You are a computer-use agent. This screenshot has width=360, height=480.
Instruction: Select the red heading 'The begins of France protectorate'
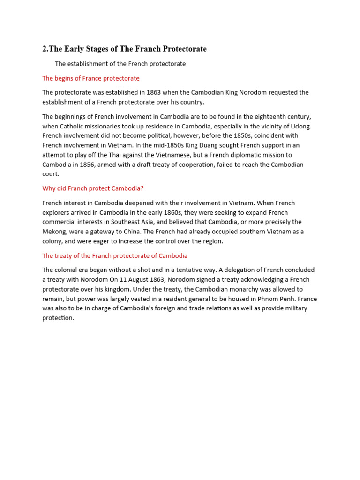(x=91, y=78)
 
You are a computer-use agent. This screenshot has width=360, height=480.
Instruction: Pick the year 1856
(x=109, y=165)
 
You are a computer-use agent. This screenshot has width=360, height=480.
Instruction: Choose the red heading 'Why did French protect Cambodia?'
(x=93, y=188)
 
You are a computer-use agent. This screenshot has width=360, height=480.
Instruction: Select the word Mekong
(x=55, y=232)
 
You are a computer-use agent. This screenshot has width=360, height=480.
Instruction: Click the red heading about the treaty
(x=115, y=255)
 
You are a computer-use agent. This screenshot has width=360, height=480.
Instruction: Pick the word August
(x=133, y=280)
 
